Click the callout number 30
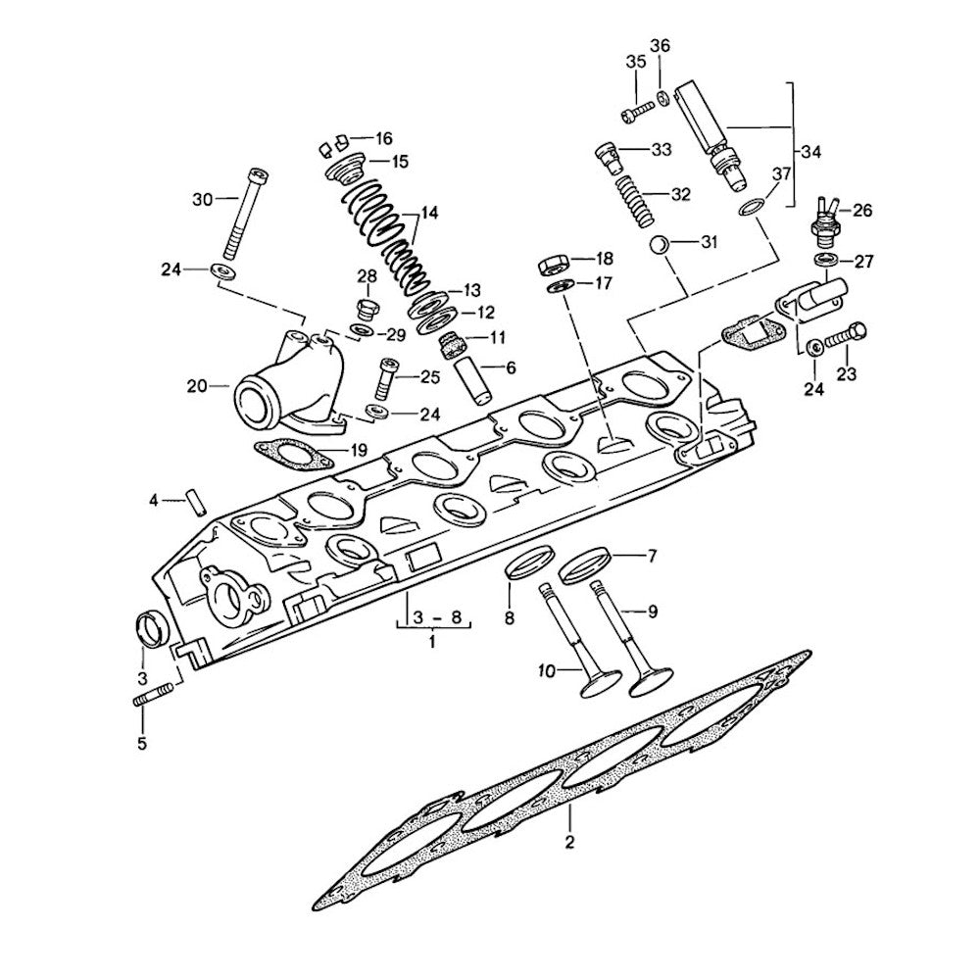tap(202, 199)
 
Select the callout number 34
tap(811, 152)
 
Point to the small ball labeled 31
tap(661, 242)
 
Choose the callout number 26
tap(861, 210)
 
